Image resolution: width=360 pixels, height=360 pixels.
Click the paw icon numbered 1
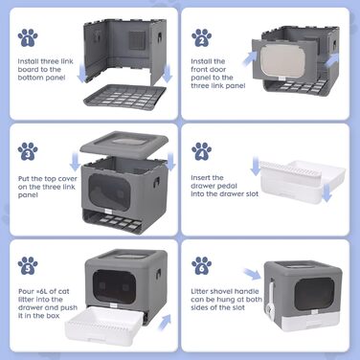click(x=28, y=37)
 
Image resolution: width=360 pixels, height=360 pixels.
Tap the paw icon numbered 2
click(x=202, y=37)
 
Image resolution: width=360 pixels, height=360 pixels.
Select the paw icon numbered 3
click(x=28, y=151)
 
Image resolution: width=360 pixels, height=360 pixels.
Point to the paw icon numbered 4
click(x=202, y=151)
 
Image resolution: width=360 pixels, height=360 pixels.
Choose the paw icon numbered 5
click(x=28, y=265)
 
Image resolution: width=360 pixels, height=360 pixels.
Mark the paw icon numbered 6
click(x=202, y=265)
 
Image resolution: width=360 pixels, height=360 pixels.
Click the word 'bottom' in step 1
click(x=30, y=78)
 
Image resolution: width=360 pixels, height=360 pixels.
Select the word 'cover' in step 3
click(x=67, y=179)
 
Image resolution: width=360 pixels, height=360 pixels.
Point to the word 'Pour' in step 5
click(x=26, y=291)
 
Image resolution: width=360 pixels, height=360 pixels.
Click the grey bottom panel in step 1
click(x=125, y=97)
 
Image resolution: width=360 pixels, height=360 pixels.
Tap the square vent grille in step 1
click(x=137, y=40)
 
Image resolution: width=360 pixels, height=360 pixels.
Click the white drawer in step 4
click(x=303, y=181)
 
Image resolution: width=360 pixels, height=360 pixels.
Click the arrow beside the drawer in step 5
click(x=165, y=322)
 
